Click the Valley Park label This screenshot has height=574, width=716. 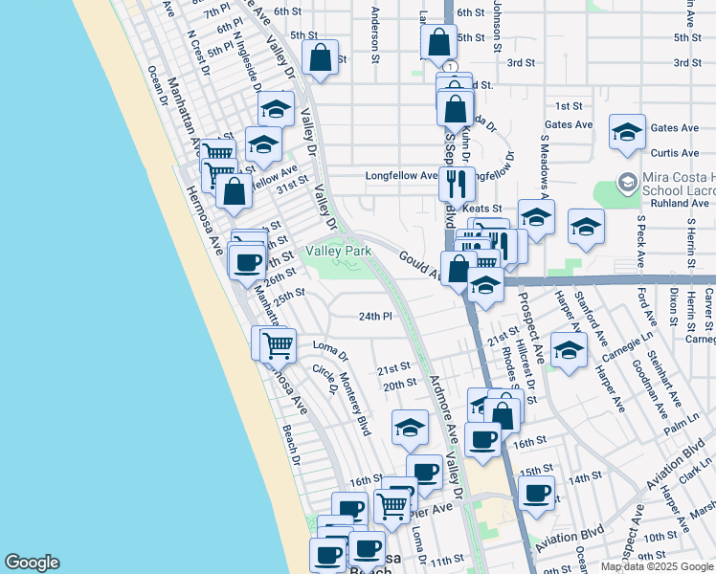(338, 251)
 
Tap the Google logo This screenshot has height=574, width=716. (32, 563)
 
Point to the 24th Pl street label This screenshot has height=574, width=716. (376, 316)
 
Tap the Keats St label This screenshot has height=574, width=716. (482, 208)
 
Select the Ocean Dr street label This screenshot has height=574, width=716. (158, 88)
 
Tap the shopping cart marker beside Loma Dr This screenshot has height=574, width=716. (278, 344)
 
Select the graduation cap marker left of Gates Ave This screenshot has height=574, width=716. (627, 131)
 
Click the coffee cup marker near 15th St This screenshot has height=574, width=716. (537, 492)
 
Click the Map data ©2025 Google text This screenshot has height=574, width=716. (658, 566)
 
